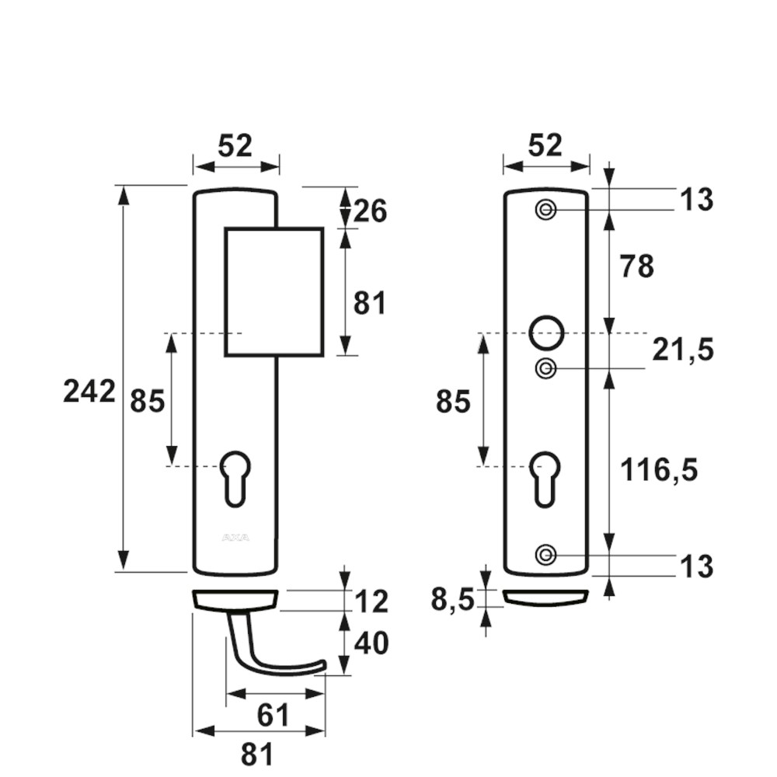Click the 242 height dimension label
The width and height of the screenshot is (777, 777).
pyautogui.click(x=89, y=392)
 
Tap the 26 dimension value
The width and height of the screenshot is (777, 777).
pyautogui.click(x=370, y=211)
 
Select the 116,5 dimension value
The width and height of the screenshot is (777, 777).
pyautogui.click(x=659, y=470)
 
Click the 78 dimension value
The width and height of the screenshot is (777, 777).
pyautogui.click(x=637, y=267)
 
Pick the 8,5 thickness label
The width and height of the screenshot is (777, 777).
pyautogui.click(x=452, y=601)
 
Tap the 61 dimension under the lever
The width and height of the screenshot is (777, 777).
pyautogui.click(x=273, y=716)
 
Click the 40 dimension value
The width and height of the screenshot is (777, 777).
pyautogui.click(x=371, y=643)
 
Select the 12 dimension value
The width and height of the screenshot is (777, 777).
pyautogui.click(x=371, y=602)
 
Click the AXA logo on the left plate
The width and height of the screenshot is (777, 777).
pyautogui.click(x=236, y=538)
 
